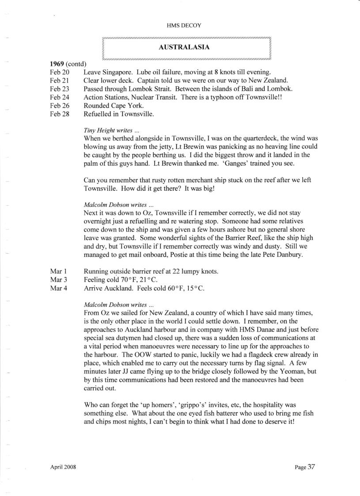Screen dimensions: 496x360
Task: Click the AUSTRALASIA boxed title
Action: pyautogui.click(x=186, y=46)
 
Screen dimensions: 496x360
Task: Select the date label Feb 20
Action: pyautogui.click(x=60, y=72)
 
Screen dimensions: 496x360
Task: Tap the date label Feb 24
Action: pyautogui.click(x=60, y=97)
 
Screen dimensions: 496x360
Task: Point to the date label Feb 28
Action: pyautogui.click(x=60, y=114)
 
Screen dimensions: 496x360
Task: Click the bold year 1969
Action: pyautogui.click(x=57, y=64)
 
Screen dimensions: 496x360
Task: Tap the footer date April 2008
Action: pyautogui.click(x=63, y=467)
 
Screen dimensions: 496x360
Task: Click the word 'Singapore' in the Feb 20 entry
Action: pyautogui.click(x=119, y=72)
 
